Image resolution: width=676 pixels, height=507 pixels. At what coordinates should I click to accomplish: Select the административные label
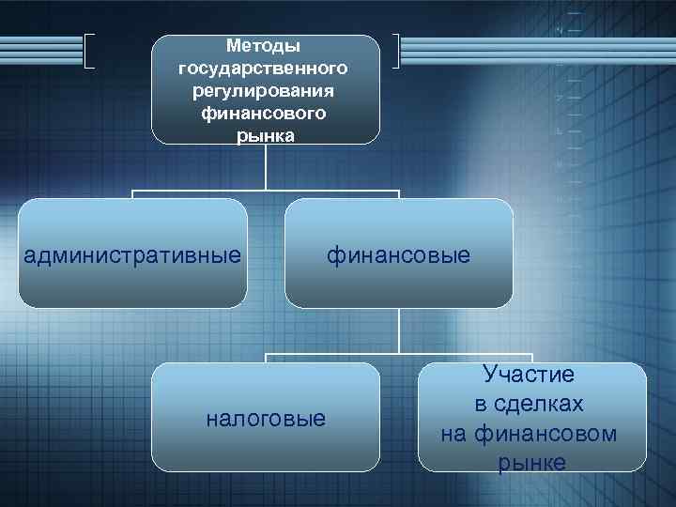pos(132,254)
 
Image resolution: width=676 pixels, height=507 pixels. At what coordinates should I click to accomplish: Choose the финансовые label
pos(399,254)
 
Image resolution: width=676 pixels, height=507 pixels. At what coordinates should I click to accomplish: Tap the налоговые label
pos(266,418)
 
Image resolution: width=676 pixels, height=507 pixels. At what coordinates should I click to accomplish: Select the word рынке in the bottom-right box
pos(532,463)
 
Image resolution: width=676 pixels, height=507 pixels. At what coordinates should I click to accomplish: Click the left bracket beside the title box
pos(89,52)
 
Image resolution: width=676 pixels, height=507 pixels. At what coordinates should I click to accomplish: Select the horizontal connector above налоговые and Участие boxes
pos(399,355)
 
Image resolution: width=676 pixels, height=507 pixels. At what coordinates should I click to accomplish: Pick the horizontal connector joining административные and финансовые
pos(266,192)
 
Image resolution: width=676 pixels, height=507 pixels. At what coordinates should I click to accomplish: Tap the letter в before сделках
pos(479,405)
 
